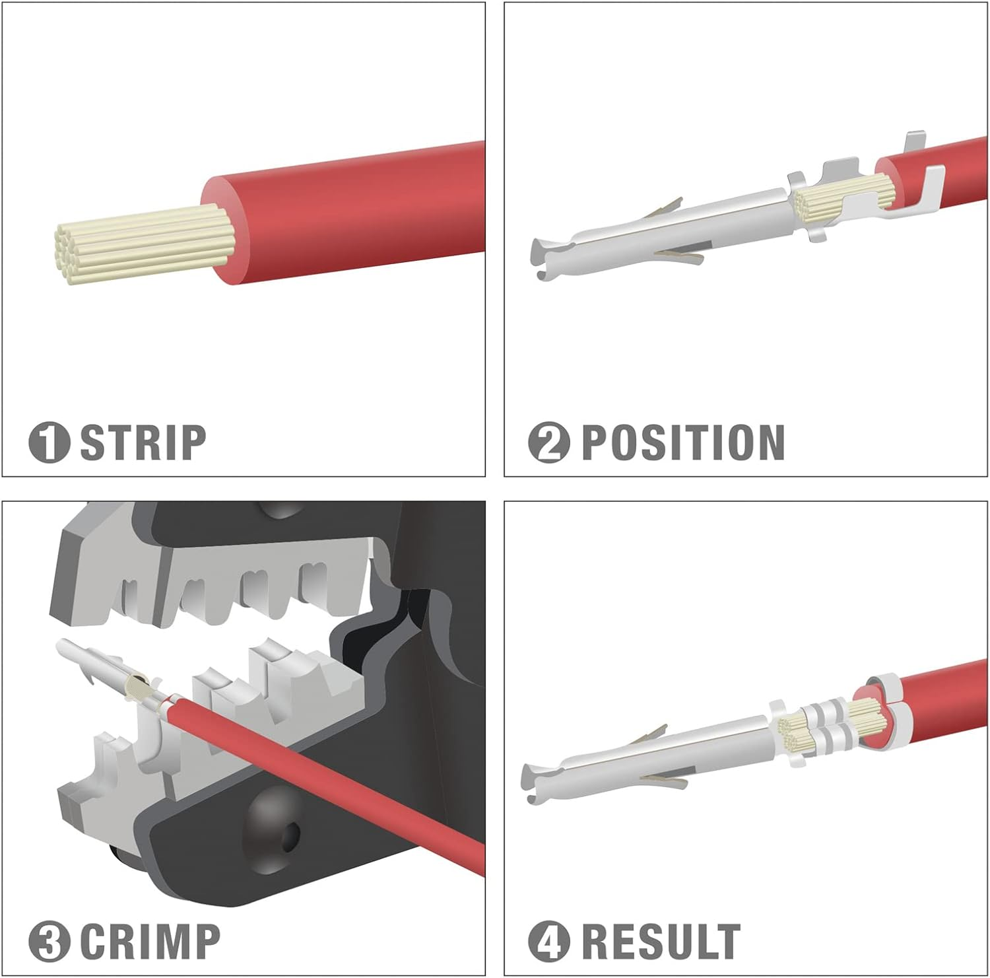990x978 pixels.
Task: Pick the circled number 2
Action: pyautogui.click(x=548, y=442)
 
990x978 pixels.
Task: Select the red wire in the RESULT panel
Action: pyautogui.click(x=944, y=693)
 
